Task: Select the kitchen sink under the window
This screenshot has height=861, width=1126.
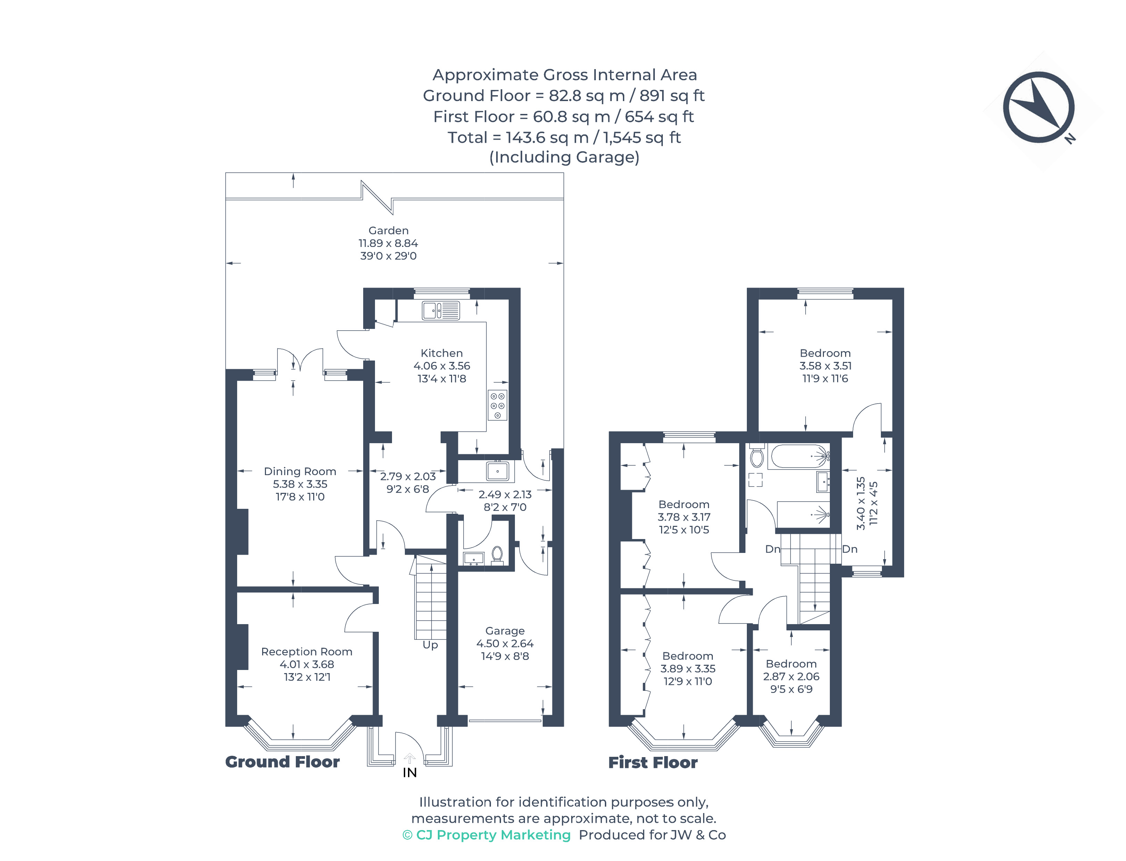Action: click(441, 310)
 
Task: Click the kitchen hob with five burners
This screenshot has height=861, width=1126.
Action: click(497, 405)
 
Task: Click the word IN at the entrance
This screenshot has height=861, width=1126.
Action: click(409, 773)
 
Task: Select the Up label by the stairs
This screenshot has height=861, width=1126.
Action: click(430, 645)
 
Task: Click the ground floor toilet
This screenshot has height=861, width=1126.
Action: click(497, 554)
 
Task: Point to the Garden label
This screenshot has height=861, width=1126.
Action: click(388, 231)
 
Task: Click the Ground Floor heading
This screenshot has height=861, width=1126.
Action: click(282, 762)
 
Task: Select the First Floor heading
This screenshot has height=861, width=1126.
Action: click(653, 763)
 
